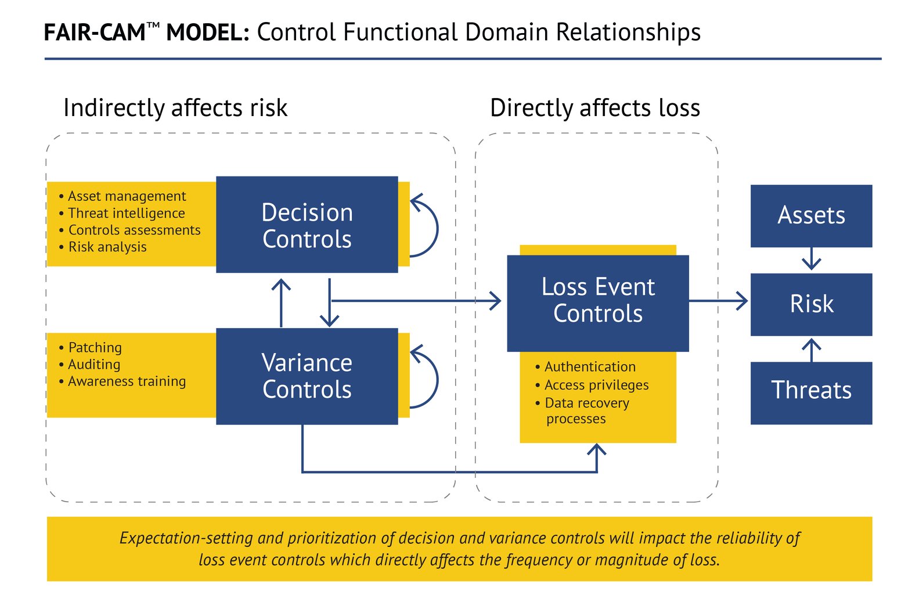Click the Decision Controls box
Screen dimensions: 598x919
coord(307,225)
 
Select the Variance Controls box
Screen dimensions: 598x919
coord(307,376)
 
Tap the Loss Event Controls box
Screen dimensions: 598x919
coord(597,300)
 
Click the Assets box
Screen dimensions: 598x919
coord(810,215)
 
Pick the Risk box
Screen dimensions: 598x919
coord(810,304)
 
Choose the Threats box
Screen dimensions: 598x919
coord(810,390)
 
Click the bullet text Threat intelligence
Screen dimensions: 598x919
coord(126,213)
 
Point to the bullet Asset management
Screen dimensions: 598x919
coord(127,196)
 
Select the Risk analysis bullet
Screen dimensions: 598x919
coord(107,247)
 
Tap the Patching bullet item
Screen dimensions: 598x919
coord(95,348)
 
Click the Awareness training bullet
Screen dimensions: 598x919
coord(127,381)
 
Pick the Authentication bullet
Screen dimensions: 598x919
coord(589,367)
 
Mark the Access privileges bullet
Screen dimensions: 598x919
coord(596,385)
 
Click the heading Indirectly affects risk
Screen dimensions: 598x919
coord(175,108)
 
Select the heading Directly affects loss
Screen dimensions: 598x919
coord(594,108)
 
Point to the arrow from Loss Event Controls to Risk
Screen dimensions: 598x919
coord(720,301)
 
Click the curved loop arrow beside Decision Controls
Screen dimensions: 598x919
coord(432,226)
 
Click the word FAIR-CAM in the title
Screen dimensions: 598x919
coord(94,33)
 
